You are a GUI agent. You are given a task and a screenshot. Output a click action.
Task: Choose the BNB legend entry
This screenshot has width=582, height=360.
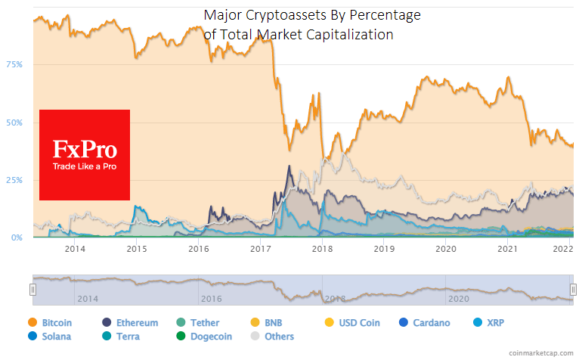coord(268,323)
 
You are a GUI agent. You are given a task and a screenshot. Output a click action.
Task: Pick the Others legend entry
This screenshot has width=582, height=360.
coord(274,336)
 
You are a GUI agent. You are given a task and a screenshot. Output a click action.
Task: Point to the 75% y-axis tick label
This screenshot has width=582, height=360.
coord(14,64)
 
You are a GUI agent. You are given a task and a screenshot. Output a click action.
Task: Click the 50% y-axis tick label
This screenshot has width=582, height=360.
coord(14,122)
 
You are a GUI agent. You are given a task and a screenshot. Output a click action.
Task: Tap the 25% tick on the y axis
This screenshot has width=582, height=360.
coord(14,180)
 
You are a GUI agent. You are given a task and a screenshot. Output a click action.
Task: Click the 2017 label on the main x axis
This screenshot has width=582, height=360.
coord(260,248)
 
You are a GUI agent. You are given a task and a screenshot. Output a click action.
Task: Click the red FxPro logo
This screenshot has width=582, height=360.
coord(85,155)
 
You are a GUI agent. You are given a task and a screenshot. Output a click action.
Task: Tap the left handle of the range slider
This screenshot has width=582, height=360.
coord(33,289)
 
